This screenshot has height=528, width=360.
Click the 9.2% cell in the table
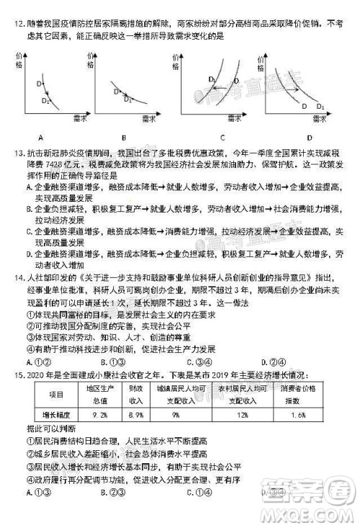click(x=100, y=415)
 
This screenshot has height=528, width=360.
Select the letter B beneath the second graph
click(x=124, y=137)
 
